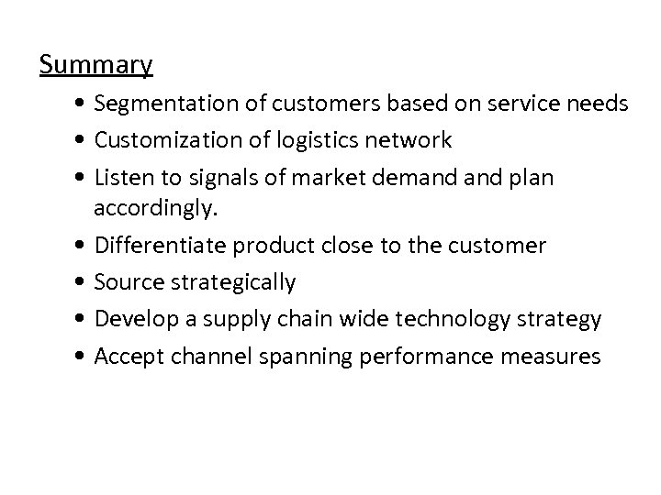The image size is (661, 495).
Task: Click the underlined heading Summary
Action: (x=96, y=66)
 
